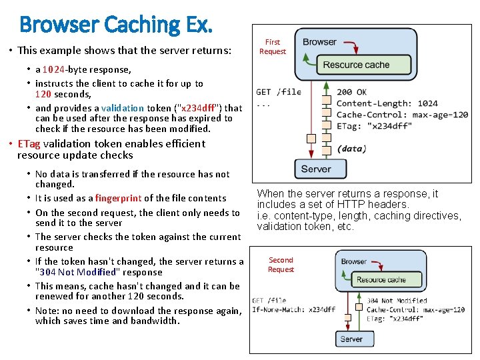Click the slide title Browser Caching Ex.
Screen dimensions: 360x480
(116, 25)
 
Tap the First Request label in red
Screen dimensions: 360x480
(273, 47)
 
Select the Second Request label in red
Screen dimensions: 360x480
(281, 265)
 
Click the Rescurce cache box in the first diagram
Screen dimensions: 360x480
(356, 65)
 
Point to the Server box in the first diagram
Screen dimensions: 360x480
(316, 169)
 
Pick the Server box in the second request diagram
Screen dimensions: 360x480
(351, 339)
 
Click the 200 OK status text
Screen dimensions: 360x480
(351, 92)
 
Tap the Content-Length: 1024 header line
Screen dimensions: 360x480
(387, 103)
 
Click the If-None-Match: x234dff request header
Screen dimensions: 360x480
(293, 310)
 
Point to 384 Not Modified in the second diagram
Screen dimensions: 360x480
(397, 301)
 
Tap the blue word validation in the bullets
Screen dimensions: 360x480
(123, 108)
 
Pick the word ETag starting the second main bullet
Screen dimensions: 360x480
(29, 143)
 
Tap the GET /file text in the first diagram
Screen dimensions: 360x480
(279, 92)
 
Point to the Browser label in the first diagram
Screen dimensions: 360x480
(319, 41)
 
